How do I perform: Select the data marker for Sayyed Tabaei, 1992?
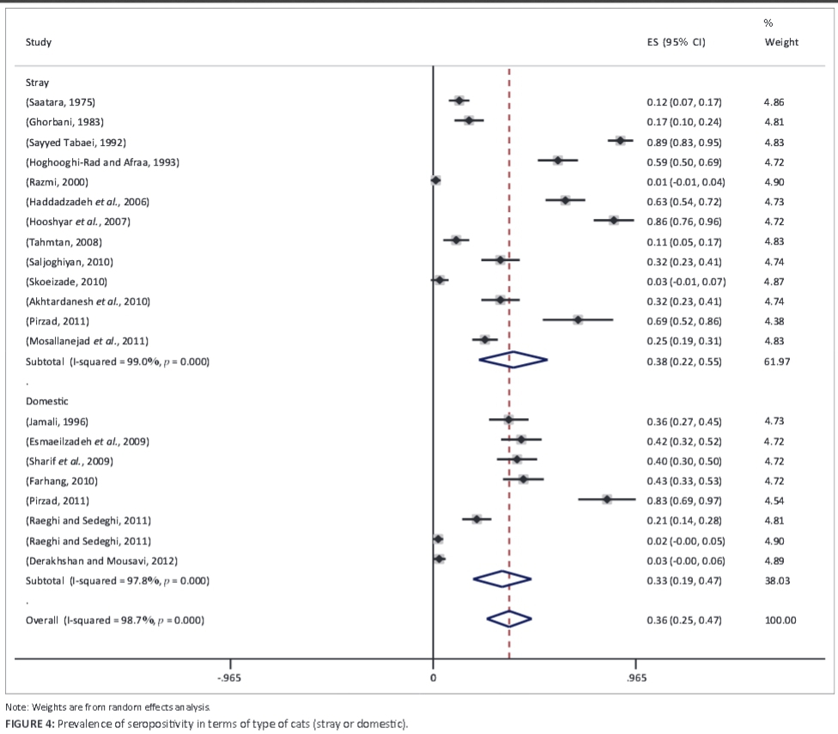620,140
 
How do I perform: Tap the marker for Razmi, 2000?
435,180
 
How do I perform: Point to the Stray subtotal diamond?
513,361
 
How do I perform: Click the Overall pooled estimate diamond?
509,618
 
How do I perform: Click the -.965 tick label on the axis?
230,677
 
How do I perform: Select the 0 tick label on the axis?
433,677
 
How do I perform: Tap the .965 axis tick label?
635,677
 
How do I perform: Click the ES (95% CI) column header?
676,42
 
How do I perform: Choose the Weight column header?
781,42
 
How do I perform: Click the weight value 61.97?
780,361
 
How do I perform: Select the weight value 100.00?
780,620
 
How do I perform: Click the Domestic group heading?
47,401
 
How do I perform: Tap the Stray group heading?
38,82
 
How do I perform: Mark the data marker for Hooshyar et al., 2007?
613,221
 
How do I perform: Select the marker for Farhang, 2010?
523,480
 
